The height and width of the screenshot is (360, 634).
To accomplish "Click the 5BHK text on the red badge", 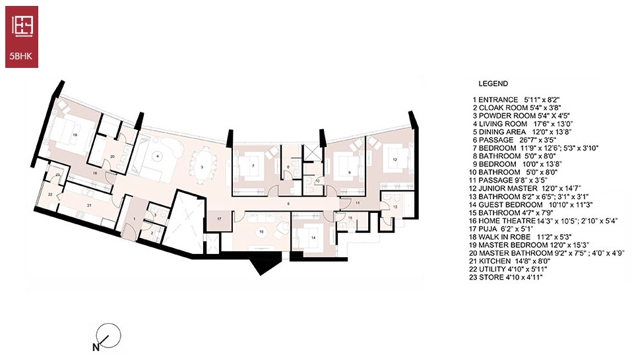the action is pyautogui.click(x=21, y=57).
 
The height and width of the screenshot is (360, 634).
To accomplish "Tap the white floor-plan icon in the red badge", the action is pyautogui.click(x=22, y=26).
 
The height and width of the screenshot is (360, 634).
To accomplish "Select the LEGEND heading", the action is pyautogui.click(x=493, y=84).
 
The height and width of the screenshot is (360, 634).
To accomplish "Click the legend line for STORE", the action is pyautogui.click(x=505, y=277).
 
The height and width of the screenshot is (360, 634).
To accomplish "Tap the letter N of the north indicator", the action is pyautogui.click(x=96, y=347).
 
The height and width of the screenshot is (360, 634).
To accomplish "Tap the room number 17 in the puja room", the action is pyautogui.click(x=219, y=219).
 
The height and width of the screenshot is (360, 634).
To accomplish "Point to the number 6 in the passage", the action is pyautogui.click(x=288, y=204).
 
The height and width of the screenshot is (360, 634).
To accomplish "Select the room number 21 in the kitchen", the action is pyautogui.click(x=89, y=205).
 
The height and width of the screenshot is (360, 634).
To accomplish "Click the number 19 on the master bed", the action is pyautogui.click(x=75, y=134).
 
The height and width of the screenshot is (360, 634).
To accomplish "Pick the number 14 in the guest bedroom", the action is pyautogui.click(x=313, y=237).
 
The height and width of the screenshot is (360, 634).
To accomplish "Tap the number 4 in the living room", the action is pyautogui.click(x=157, y=156).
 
